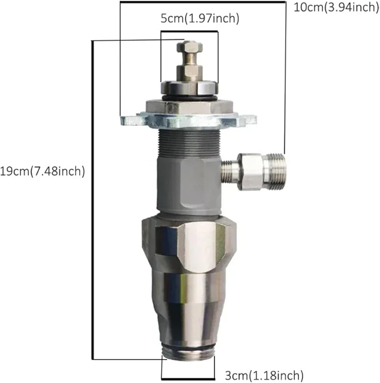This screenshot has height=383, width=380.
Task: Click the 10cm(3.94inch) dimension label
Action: point(336,8)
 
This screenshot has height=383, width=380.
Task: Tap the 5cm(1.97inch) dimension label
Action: point(200,18)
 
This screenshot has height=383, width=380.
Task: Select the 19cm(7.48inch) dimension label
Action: point(42,171)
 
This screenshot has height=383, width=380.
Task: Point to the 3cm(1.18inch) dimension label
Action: point(264,375)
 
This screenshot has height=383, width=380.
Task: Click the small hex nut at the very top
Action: point(190,47)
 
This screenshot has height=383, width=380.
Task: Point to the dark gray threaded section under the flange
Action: point(190,143)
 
